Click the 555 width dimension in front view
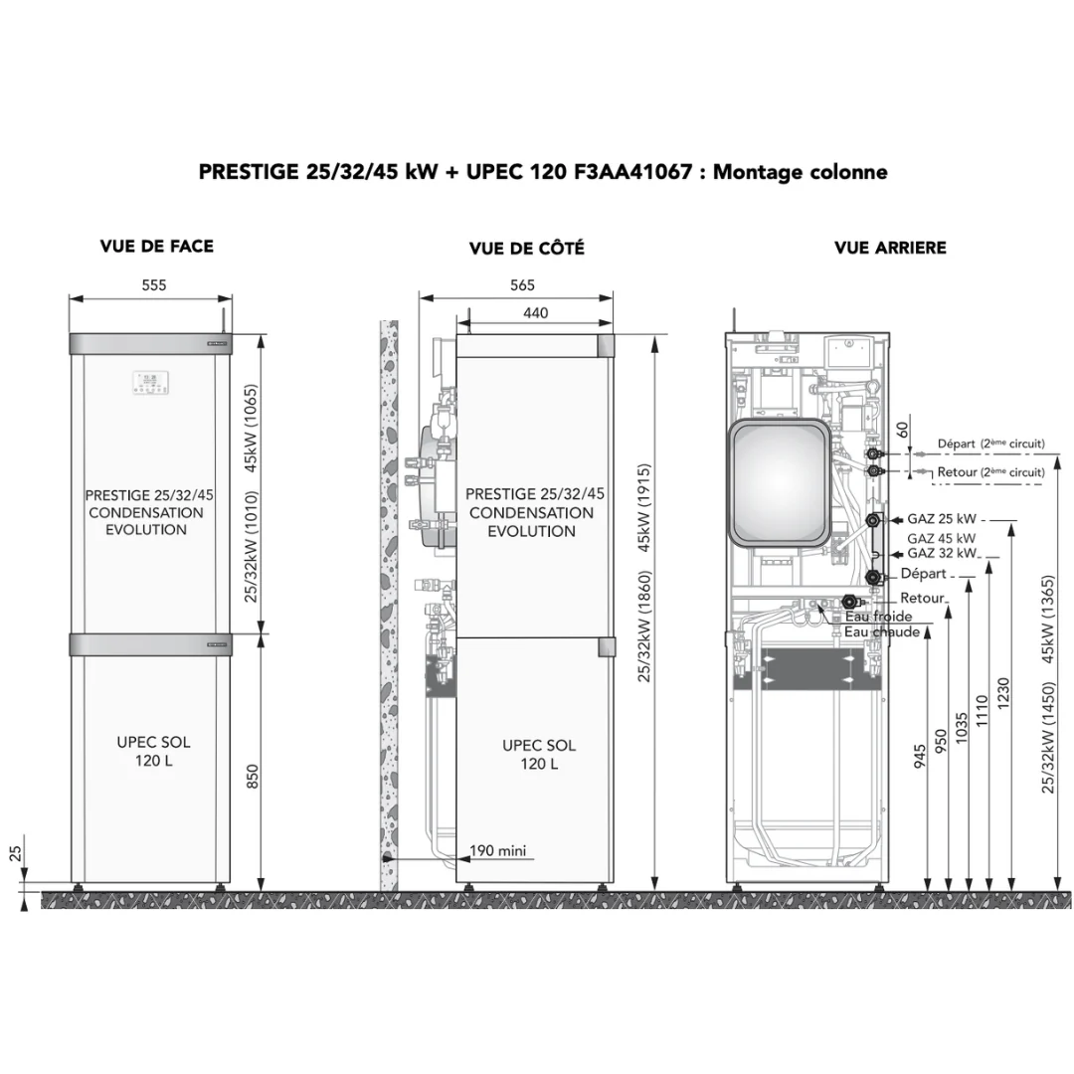pos(154,285)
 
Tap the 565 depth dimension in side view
pos(523,285)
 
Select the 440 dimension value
pos(536,313)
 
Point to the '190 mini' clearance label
pos(498,850)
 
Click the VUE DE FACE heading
pos(157,247)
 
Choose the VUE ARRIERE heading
pos(890,248)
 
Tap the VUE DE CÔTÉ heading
pos(527,248)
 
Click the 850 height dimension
pos(252,777)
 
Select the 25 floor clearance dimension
pos(15,853)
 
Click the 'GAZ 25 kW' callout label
pos(942,519)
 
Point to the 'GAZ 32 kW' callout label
pos(942,554)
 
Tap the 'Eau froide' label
pos(879,617)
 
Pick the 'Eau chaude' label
pos(882,632)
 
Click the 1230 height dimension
pos(1003,693)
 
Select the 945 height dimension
pos(920,756)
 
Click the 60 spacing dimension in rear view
pos(903,431)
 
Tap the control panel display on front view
pos(151,383)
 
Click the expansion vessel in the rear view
pos(780,482)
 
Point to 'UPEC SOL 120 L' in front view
pos(153,752)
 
